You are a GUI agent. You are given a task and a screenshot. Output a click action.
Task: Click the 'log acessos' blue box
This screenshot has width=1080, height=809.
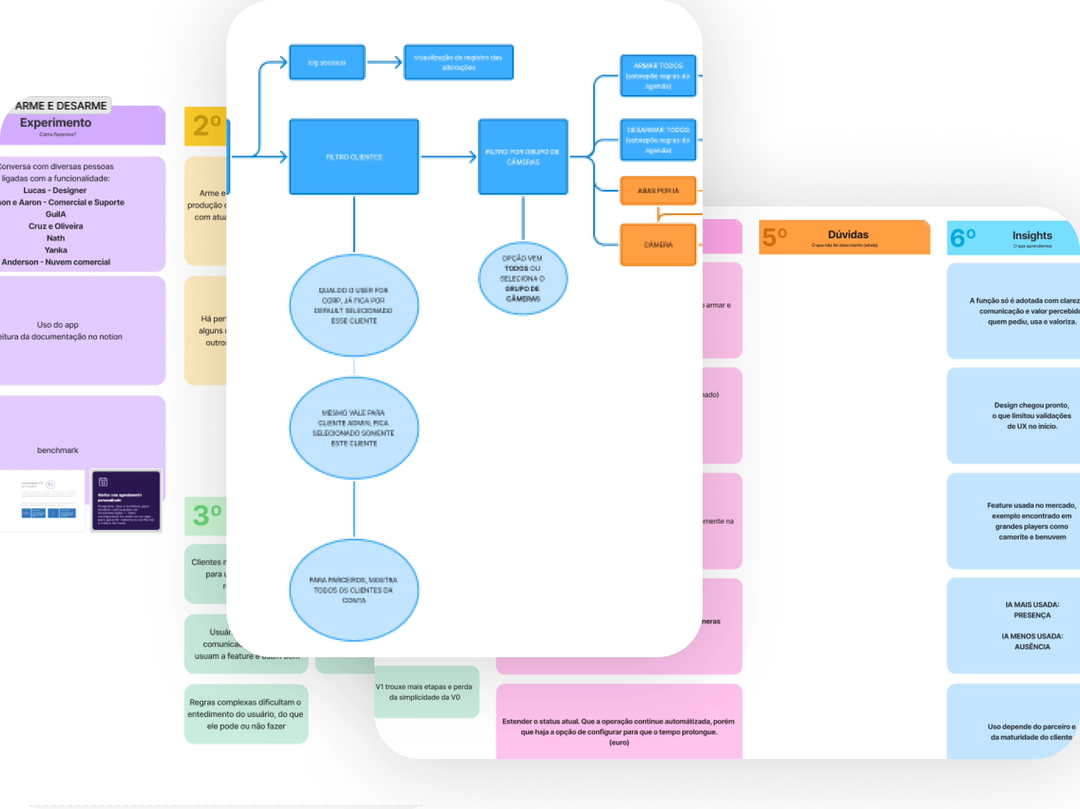pyautogui.click(x=327, y=63)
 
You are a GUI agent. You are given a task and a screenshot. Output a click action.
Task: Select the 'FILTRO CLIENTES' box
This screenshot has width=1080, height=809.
pyautogui.click(x=354, y=157)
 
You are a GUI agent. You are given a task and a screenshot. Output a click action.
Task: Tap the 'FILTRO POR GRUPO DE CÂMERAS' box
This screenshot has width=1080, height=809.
pyautogui.click(x=523, y=157)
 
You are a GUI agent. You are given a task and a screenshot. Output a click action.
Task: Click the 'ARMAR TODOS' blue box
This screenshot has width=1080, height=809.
pyautogui.click(x=658, y=76)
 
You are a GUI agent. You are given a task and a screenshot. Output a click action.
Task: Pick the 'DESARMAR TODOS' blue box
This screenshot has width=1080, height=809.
pyautogui.click(x=658, y=140)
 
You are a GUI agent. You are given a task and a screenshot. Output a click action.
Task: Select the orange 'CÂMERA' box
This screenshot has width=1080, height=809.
pyautogui.click(x=658, y=245)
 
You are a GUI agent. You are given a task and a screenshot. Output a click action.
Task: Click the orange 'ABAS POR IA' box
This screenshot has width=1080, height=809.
pyautogui.click(x=658, y=190)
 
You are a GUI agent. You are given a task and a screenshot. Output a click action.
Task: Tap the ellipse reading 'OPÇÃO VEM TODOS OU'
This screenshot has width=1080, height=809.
pyautogui.click(x=523, y=278)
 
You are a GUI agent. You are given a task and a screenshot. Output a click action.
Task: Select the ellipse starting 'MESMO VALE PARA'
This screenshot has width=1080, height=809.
pyautogui.click(x=354, y=428)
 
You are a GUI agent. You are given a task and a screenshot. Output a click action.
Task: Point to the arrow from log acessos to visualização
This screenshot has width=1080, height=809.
pyautogui.click(x=384, y=63)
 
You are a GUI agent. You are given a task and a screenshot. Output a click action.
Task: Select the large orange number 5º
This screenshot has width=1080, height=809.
pyautogui.click(x=774, y=237)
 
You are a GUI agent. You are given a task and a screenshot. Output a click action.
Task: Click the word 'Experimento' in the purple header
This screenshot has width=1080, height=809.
pyautogui.click(x=56, y=123)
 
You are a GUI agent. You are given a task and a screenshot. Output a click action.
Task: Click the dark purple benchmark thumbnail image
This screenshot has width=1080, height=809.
pyautogui.click(x=126, y=500)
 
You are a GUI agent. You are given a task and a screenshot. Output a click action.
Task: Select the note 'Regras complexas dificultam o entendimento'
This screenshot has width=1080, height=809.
pyautogui.click(x=246, y=714)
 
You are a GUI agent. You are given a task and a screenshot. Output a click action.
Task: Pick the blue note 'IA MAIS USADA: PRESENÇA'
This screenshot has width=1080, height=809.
pyautogui.click(x=1032, y=625)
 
